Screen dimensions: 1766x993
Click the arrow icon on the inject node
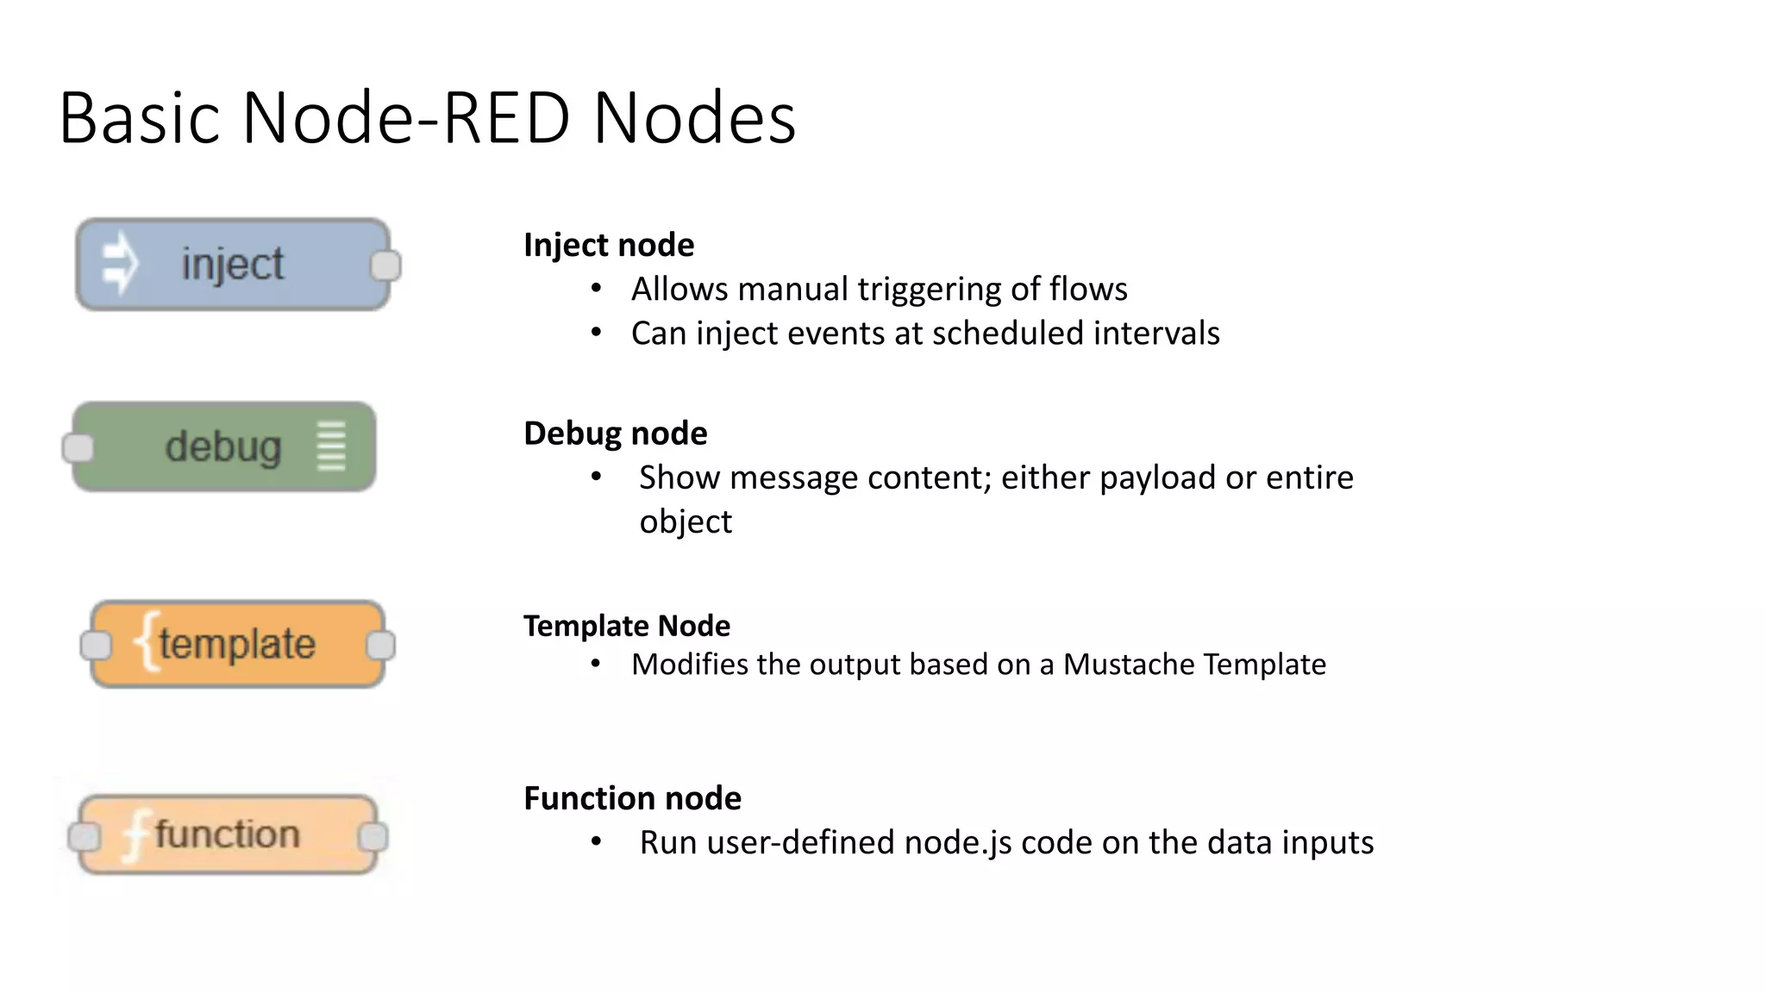[120, 263]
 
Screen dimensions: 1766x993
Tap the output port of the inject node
[385, 265]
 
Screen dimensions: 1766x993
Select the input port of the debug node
[78, 448]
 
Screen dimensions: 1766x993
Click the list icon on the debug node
[331, 447]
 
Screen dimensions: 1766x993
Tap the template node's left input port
[96, 645]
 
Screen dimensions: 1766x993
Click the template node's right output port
[380, 645]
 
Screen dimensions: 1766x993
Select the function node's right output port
[373, 836]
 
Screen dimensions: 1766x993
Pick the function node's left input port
[85, 836]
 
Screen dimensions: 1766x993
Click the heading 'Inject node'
[609, 246]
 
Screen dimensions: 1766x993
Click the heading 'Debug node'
[615, 434]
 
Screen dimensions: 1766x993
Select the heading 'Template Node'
[627, 626]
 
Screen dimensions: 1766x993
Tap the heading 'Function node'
[632, 798]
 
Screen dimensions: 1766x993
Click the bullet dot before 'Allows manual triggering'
[596, 288]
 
